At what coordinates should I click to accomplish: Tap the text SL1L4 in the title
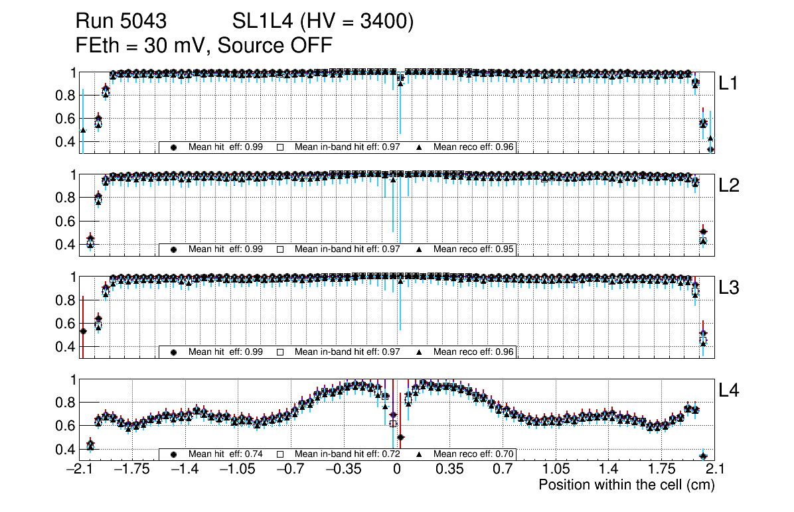pos(262,22)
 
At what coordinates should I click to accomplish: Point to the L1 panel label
pos(729,84)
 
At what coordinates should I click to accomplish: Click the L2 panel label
pos(729,186)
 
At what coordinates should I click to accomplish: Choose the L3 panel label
pos(729,288)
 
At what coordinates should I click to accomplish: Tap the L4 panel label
pos(729,391)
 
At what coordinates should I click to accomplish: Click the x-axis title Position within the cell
pos(626,485)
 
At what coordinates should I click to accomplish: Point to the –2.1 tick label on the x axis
pos(79,470)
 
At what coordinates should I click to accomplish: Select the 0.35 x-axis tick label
pos(449,470)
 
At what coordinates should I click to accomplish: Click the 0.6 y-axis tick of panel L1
pos(65,119)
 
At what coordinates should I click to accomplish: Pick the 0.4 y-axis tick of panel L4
pos(65,449)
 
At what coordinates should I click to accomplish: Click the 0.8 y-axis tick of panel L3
pos(65,300)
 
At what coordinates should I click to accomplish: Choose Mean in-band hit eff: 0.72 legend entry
pos(347,454)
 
